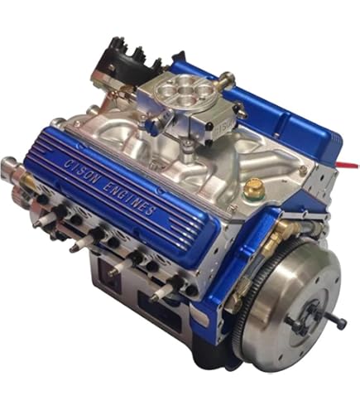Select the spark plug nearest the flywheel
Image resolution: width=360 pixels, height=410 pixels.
(x=157, y=294)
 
